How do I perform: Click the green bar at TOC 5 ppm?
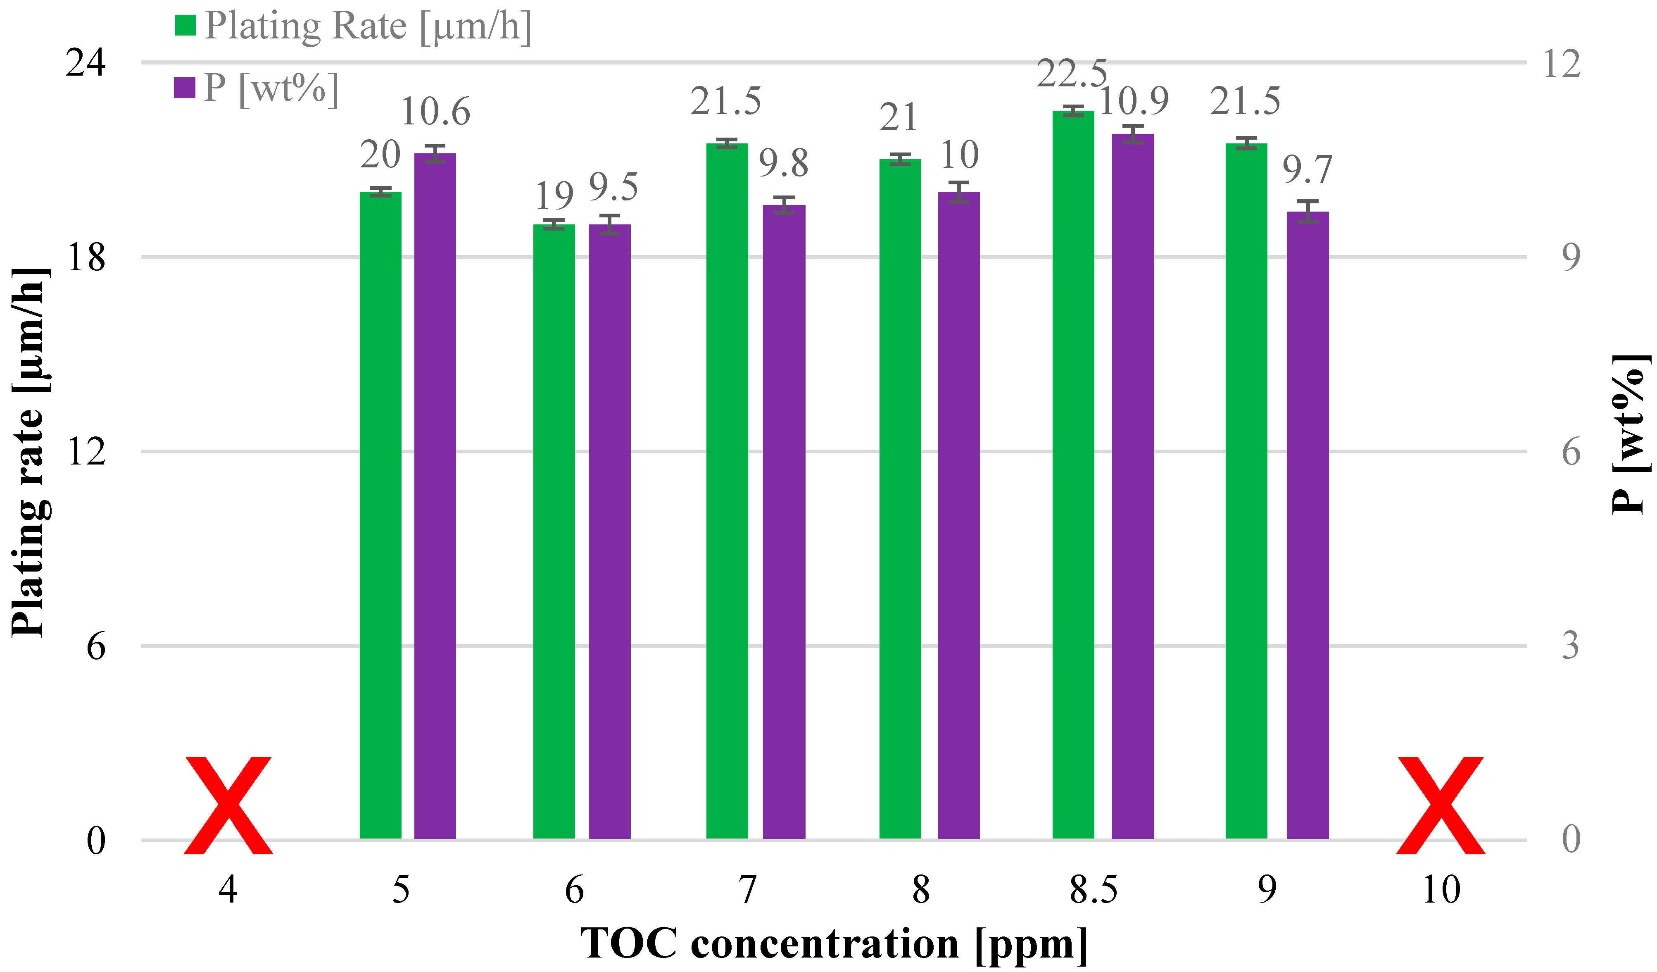pos(381,516)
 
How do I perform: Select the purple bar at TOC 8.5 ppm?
pos(1132,487)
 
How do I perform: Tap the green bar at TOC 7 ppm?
pos(727,491)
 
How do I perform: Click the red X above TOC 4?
pos(228,805)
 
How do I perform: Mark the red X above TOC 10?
pos(1441,805)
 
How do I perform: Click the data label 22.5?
pos(1072,74)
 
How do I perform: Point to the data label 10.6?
pos(435,112)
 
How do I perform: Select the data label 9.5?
pos(613,188)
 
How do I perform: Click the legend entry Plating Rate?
pos(367,26)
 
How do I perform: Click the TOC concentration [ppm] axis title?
pos(833,944)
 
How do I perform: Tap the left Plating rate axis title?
pos(30,454)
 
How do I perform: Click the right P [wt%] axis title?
pos(1629,434)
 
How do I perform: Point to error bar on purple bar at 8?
pos(959,192)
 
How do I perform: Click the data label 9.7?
pos(1307,170)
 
